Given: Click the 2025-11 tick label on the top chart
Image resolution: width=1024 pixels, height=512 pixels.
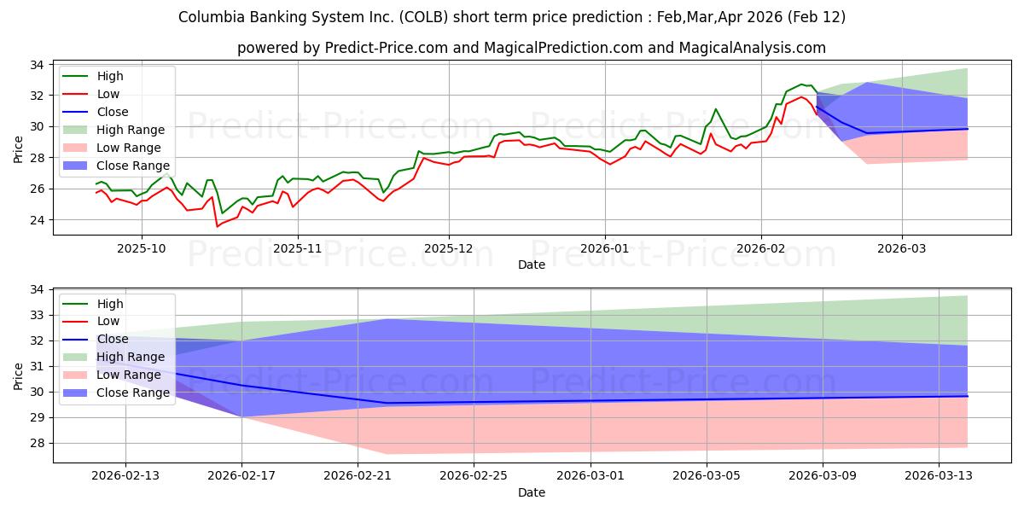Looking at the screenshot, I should click(297, 250).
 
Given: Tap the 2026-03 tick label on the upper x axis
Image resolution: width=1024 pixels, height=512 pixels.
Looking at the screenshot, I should click(902, 250).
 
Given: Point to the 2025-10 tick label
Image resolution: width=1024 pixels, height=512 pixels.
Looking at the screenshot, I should click(142, 250).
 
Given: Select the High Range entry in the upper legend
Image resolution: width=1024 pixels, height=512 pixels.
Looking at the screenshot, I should click(131, 130).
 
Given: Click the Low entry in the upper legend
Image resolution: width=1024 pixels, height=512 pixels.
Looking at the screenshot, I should click(108, 94).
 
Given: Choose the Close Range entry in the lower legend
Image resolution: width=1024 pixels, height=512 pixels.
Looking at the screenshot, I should click(133, 393).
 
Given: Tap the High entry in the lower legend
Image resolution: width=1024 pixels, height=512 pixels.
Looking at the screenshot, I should click(110, 304).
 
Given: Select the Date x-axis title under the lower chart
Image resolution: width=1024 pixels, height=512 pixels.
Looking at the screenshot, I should click(532, 492).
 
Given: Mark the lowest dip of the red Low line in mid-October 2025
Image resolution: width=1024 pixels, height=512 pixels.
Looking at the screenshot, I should click(217, 226).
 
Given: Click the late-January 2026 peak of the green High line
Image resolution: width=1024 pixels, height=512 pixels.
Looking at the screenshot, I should click(715, 109).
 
